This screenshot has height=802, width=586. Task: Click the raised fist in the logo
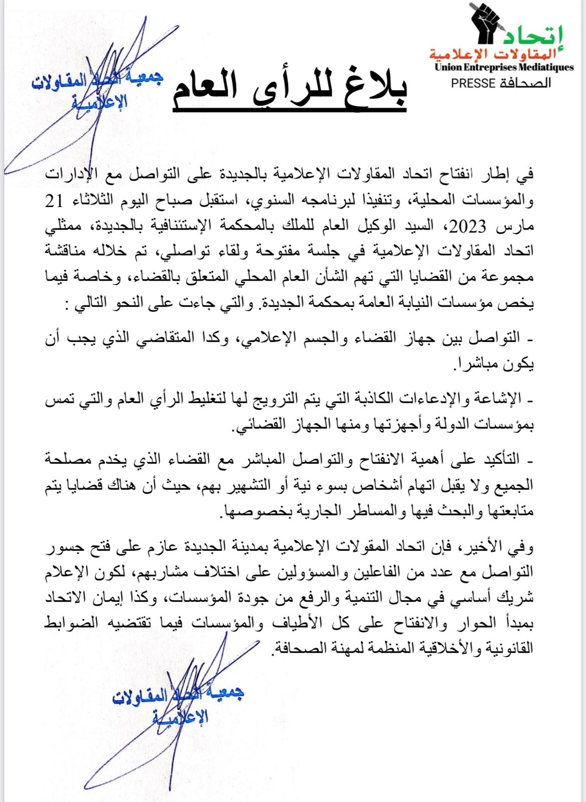point(486,22)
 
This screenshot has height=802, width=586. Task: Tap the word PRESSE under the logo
point(473,83)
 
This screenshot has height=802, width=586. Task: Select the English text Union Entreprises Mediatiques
point(504,67)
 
